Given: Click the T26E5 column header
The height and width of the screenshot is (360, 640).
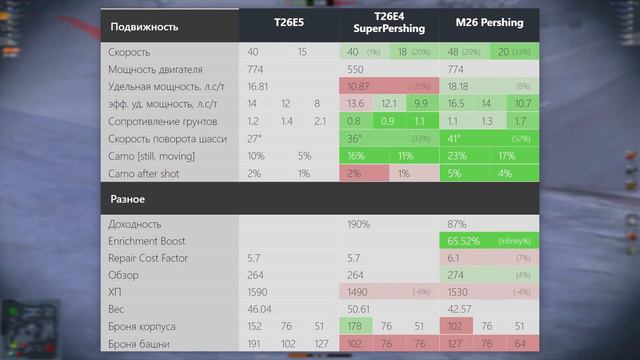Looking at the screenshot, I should [x=289, y=21].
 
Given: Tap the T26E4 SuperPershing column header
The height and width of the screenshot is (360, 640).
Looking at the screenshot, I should [x=389, y=21].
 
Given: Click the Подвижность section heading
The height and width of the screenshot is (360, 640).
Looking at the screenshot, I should [x=144, y=26].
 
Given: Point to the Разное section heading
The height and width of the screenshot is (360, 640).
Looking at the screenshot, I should [x=127, y=199].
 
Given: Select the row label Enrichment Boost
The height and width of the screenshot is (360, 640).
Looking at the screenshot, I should [x=153, y=242].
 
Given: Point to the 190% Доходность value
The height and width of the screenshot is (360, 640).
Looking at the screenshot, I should [x=359, y=225].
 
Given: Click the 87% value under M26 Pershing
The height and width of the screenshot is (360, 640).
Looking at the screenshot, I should [x=455, y=225].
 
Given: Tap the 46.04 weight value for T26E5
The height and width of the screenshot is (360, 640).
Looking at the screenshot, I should [x=260, y=310].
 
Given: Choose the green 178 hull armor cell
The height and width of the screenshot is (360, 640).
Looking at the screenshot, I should [x=356, y=327].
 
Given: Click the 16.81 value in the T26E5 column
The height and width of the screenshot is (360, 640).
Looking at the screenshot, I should [x=259, y=87].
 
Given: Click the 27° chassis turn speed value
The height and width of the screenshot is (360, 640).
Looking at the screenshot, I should [x=255, y=138].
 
